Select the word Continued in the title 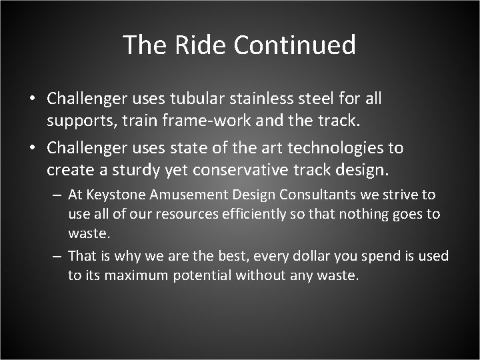pos(295,45)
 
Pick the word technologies pos(339,147)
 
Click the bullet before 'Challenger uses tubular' pos(31,99)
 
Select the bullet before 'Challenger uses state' pos(31,147)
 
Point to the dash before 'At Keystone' pos(57,195)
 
